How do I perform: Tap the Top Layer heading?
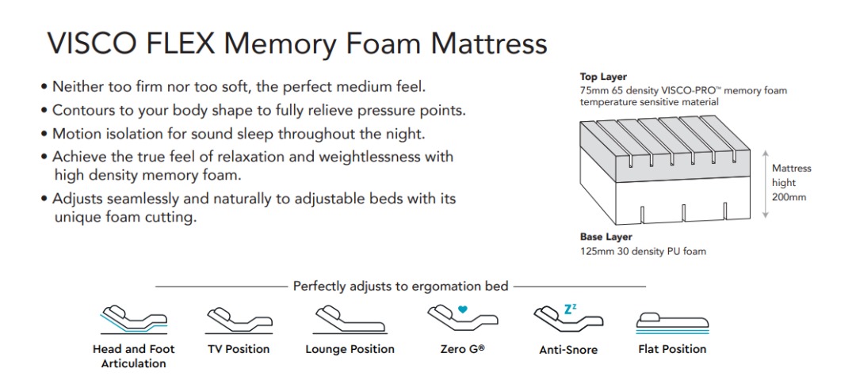point(603,77)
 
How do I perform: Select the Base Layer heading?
point(606,237)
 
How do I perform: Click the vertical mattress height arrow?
point(765,184)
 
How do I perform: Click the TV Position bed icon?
point(239,321)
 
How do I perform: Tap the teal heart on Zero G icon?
point(462,309)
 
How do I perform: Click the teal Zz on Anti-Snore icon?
point(570,309)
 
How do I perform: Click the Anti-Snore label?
point(568,350)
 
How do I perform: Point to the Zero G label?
point(462,349)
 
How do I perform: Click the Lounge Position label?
point(350,349)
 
